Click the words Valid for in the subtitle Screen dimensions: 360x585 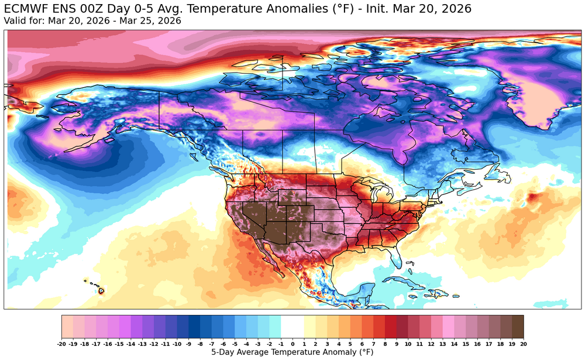(x=24, y=20)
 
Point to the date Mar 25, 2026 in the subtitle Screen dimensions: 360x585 (x=154, y=20)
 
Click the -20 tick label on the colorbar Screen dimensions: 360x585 (x=62, y=344)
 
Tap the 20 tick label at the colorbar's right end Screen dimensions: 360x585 (x=523, y=344)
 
